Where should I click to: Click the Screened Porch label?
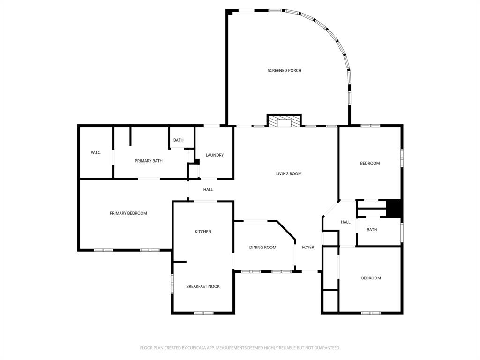point(284,70)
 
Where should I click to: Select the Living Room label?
point(288,173)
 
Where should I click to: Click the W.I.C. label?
point(96,152)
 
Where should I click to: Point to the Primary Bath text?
point(149,161)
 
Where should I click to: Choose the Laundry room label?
point(214,155)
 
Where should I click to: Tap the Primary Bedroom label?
point(128,213)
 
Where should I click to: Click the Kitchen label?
point(203,232)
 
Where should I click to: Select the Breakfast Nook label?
point(202,286)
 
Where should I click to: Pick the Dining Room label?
point(262,247)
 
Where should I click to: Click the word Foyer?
point(308,247)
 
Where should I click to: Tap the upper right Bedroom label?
point(369,163)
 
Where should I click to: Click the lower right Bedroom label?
point(370,278)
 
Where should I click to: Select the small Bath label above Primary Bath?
point(178,140)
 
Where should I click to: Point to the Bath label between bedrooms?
point(372,230)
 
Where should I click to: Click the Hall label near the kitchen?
point(208,190)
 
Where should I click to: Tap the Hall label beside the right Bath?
point(345,222)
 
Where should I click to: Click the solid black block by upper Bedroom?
point(394,209)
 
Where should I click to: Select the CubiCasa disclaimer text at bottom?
point(240,348)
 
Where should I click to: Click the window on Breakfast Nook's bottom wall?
point(203,313)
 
